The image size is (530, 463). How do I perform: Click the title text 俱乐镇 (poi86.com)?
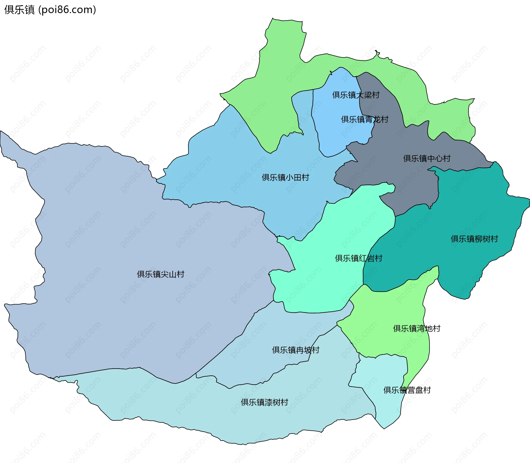[50, 10]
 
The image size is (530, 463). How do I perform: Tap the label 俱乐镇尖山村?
[160, 274]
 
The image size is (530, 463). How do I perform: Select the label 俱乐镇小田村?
[285, 177]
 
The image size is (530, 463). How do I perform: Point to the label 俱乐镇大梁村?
[356, 95]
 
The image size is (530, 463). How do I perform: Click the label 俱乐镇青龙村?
[364, 119]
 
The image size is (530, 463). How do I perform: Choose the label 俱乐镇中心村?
[426, 159]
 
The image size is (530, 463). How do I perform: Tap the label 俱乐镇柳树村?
[474, 239]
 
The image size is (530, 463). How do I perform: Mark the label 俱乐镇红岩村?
[358, 258]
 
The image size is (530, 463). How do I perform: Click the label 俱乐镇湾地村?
[416, 328]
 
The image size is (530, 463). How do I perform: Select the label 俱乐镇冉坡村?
[295, 350]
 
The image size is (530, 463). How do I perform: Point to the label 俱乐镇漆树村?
[264, 402]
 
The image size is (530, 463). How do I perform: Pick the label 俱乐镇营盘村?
[407, 390]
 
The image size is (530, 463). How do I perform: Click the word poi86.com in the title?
[67, 10]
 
